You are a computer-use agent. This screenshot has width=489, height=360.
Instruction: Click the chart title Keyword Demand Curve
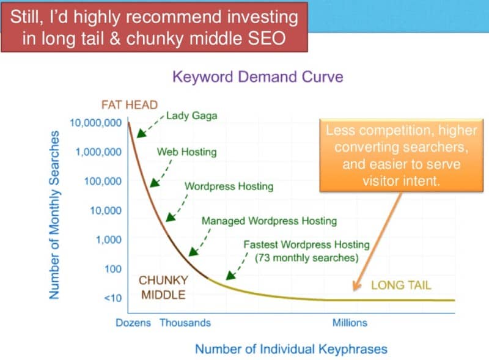pyautogui.click(x=257, y=77)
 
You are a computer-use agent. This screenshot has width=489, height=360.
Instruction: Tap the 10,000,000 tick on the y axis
pyautogui.click(x=95, y=123)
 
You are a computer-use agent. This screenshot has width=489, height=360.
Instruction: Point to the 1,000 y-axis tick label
pyautogui.click(x=109, y=240)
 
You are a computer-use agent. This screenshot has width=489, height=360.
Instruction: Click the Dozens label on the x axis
pyautogui.click(x=133, y=322)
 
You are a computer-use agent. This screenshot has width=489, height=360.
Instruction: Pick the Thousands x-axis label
pyautogui.click(x=185, y=322)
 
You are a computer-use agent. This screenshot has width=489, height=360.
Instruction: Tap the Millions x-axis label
pyautogui.click(x=350, y=322)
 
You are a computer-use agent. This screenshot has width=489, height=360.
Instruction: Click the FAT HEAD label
pyautogui.click(x=129, y=105)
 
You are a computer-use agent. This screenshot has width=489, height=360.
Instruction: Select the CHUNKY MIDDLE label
pyautogui.click(x=163, y=287)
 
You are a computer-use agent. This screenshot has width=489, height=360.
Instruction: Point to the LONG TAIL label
pyautogui.click(x=401, y=285)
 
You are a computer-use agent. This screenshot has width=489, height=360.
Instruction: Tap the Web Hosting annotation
pyautogui.click(x=186, y=152)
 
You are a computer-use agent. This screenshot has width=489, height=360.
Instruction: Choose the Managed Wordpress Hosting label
pyautogui.click(x=269, y=221)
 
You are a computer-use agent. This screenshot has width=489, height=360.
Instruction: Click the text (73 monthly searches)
pyautogui.click(x=306, y=257)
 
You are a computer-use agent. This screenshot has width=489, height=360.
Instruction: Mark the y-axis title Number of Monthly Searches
pyautogui.click(x=54, y=214)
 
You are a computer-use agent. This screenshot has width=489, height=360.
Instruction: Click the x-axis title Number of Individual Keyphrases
pyautogui.click(x=291, y=349)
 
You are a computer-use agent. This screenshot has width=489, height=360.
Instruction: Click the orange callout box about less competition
pyautogui.click(x=402, y=155)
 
